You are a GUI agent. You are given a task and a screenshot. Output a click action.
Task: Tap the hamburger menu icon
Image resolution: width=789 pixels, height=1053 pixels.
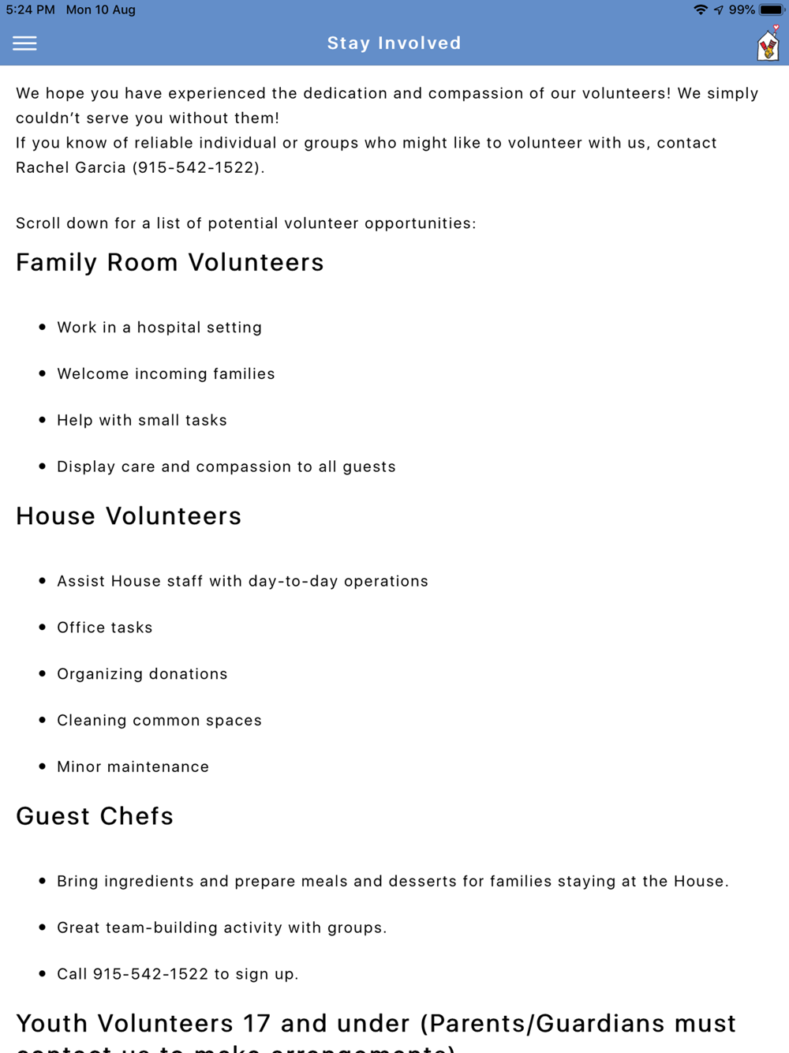(24, 43)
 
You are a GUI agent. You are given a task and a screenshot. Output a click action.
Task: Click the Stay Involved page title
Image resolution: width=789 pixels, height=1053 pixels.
(394, 43)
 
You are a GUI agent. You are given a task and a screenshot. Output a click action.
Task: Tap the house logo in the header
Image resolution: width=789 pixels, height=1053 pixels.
(768, 45)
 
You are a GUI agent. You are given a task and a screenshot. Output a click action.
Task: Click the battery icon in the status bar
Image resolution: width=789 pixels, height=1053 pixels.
(772, 10)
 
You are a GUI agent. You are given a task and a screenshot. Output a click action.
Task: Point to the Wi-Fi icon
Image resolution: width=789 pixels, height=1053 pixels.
(700, 10)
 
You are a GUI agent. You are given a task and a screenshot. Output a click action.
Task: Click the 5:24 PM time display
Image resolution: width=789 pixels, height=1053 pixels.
(30, 10)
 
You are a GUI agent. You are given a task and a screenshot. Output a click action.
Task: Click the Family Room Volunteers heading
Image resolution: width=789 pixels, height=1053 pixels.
(170, 263)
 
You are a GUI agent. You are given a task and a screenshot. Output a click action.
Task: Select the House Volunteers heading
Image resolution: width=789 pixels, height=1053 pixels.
(129, 516)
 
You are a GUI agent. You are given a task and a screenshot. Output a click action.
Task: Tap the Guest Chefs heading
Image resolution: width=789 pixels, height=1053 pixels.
(95, 816)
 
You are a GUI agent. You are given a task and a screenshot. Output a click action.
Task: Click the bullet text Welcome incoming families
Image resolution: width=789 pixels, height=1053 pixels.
(166, 374)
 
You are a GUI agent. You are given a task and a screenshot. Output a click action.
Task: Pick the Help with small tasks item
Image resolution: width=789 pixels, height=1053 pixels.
(142, 421)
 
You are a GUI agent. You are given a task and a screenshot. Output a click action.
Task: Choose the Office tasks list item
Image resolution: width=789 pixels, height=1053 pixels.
(105, 628)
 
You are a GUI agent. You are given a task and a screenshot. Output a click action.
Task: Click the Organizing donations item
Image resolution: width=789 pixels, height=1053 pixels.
(142, 674)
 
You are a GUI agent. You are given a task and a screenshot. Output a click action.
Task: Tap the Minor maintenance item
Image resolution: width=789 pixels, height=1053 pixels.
(133, 767)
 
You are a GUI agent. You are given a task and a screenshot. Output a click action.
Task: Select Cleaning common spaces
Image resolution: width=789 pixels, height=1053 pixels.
(159, 721)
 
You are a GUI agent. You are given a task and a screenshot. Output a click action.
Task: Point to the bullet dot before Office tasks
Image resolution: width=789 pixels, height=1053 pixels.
(43, 627)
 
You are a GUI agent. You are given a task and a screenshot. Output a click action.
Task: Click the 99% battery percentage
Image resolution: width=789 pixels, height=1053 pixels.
(742, 10)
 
